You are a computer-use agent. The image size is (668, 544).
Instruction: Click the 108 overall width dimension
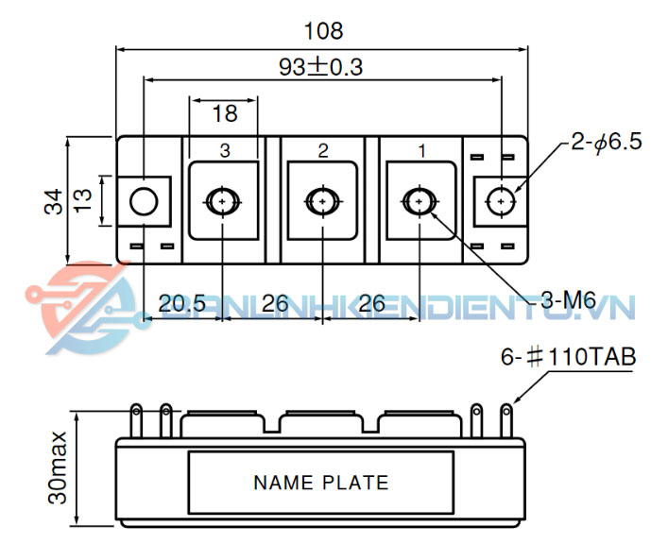[323, 31]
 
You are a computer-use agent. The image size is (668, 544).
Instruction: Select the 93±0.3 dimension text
[321, 67]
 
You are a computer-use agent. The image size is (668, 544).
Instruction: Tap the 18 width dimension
[224, 114]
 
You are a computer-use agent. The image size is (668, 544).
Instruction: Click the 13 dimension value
[83, 200]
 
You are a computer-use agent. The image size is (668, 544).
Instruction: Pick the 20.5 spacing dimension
[181, 304]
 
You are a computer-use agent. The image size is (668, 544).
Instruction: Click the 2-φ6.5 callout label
[606, 143]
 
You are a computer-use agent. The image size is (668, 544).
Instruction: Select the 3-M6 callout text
[567, 301]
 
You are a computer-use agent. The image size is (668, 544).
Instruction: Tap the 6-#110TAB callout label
[568, 358]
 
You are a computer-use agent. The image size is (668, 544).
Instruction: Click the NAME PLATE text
[320, 483]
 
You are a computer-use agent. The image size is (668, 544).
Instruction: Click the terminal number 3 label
[224, 150]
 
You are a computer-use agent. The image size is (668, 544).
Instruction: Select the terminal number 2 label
[323, 150]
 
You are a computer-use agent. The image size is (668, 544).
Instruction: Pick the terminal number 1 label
[421, 150]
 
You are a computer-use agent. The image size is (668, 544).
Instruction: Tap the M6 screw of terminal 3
[223, 200]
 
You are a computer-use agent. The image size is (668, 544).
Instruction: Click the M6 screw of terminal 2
[322, 200]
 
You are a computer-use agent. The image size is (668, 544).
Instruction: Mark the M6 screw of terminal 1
[420, 200]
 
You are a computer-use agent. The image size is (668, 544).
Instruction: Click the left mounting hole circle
[144, 201]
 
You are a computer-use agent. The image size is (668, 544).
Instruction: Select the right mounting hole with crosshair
[500, 201]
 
